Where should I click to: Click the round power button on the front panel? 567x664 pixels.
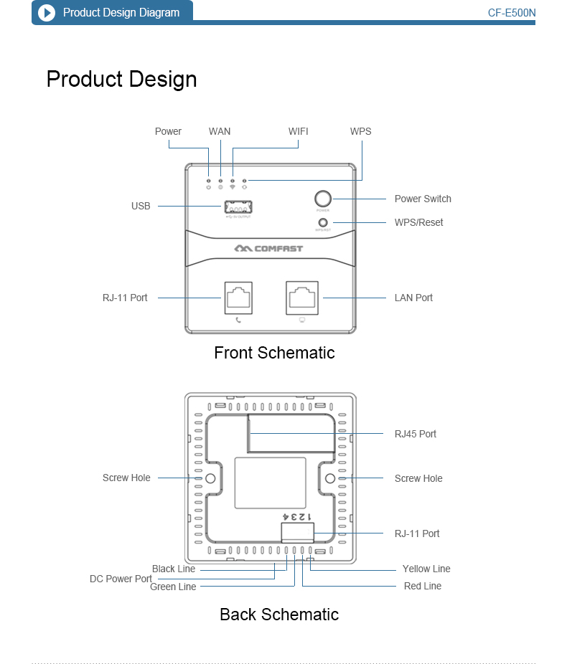click(x=323, y=199)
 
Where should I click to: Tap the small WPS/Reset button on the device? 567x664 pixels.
click(x=323, y=223)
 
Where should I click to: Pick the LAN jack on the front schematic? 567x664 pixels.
click(x=302, y=297)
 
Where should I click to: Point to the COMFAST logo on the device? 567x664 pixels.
click(x=268, y=249)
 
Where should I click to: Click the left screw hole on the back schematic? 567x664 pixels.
click(x=211, y=478)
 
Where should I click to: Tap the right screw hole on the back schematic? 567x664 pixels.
click(x=330, y=478)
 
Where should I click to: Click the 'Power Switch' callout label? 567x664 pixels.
click(x=423, y=199)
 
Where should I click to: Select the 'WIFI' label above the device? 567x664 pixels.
click(x=299, y=131)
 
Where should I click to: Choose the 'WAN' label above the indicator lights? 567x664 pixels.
click(x=220, y=131)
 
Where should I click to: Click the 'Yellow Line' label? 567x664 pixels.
click(x=426, y=569)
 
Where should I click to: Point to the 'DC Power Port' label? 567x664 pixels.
click(x=121, y=579)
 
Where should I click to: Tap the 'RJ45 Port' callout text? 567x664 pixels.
click(x=416, y=434)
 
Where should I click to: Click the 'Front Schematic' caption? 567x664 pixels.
click(x=274, y=353)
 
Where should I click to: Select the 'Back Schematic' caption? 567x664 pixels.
click(x=279, y=615)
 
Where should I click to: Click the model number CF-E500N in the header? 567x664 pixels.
click(x=512, y=13)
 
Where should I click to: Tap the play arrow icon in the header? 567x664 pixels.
click(x=47, y=13)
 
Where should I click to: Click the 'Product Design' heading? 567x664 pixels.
click(x=121, y=79)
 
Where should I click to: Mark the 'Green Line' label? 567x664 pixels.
click(x=173, y=587)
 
